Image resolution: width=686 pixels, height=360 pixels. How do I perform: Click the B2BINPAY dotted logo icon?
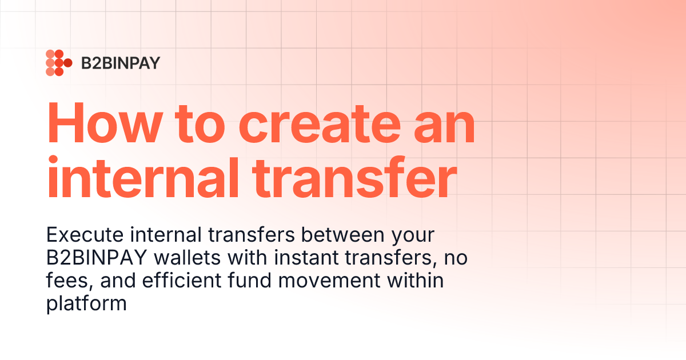[58, 63]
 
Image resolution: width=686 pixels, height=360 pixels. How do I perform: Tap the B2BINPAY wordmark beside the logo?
[120, 63]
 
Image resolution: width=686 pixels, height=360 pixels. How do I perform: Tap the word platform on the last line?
[86, 303]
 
